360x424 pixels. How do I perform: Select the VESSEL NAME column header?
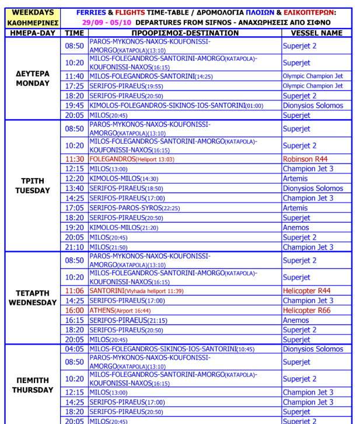point(316,33)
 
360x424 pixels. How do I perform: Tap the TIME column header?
point(74,33)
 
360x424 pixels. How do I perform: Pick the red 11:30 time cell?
point(74,159)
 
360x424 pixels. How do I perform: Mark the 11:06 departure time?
point(74,291)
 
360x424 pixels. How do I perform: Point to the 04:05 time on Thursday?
point(74,349)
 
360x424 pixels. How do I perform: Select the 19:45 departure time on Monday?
point(74,106)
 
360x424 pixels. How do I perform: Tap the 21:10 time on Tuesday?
point(74,247)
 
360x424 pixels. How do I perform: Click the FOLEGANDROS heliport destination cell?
point(131,159)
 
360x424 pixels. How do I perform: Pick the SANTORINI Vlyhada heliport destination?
point(137,291)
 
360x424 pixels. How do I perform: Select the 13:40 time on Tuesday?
point(74,189)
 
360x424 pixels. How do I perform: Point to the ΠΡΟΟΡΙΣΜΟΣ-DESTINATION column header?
point(185,33)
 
